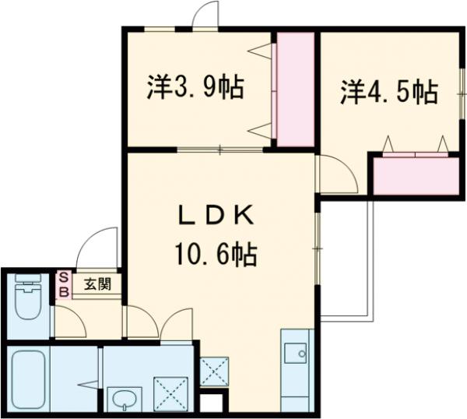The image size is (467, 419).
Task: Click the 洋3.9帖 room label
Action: (x=195, y=87)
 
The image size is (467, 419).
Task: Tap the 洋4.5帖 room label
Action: (x=388, y=93)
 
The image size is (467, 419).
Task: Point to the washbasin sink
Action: (x=124, y=399)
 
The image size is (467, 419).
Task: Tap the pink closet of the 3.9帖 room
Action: (x=296, y=89)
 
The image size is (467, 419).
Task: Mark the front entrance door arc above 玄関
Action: (x=97, y=248)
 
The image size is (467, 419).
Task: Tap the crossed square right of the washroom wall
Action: (x=213, y=370)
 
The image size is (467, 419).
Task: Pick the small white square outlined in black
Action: (x=211, y=403)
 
